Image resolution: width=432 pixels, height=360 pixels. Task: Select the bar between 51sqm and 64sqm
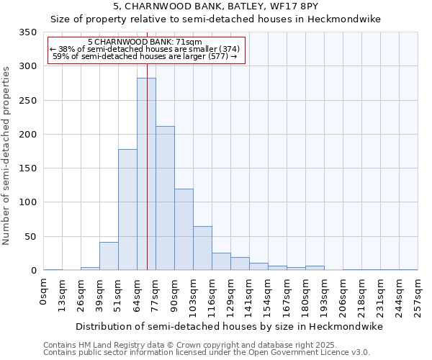coord(127,210)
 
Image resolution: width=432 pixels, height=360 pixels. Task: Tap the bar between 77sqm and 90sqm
coord(165,198)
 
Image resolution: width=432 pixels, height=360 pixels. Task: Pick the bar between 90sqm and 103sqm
coord(184,230)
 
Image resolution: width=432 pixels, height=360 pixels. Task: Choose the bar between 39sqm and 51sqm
coord(109,256)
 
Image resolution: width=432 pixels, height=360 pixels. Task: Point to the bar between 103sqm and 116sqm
coord(202,248)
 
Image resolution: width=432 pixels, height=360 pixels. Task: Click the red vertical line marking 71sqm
coord(147,144)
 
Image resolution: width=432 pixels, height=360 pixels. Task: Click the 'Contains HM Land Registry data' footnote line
coord(205,345)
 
